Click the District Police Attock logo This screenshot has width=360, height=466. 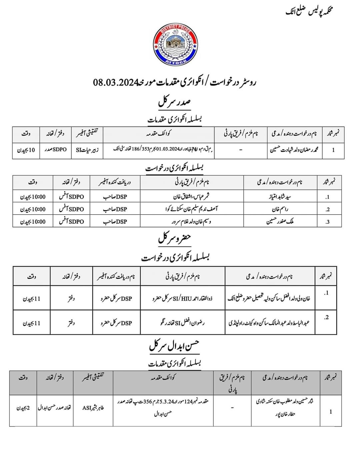click(175, 45)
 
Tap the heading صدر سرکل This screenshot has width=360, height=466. click(174, 102)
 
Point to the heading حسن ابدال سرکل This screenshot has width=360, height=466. click(174, 347)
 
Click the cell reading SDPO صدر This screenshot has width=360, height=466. click(55, 150)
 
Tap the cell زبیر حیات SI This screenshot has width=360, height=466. click(87, 150)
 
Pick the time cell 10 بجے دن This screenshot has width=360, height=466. click(26, 150)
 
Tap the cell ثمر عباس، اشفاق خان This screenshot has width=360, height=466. click(191, 197)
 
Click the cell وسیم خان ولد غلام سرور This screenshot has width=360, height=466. click(191, 222)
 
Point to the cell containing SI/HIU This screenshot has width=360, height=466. click(183, 298)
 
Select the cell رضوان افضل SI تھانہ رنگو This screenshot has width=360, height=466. click(183, 323)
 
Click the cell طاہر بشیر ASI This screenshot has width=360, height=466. click(93, 408)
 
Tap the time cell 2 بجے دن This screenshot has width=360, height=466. click(23, 408)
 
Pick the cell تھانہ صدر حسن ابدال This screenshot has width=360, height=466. click(55, 408)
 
